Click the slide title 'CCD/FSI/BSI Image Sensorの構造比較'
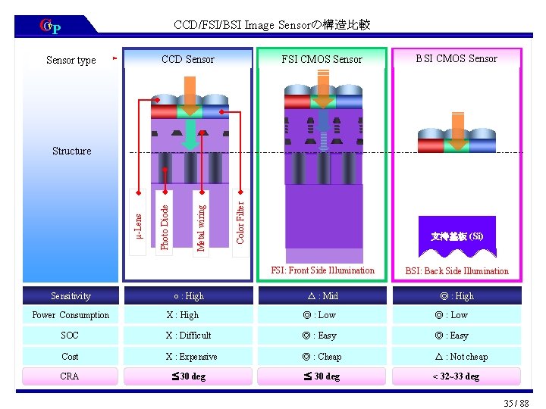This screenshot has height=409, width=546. pos(271,25)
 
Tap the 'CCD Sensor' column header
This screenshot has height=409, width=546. pos(187,59)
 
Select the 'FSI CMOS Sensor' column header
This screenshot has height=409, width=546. pos(322,59)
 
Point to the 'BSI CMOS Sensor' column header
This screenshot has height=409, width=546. pos(457,58)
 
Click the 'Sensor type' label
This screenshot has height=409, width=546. pos(71,60)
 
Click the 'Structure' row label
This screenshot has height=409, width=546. pos(71,151)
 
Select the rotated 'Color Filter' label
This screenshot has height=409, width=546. pos(240,222)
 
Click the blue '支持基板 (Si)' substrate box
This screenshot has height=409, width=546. pos(457,236)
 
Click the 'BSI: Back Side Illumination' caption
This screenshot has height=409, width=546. pos(457,271)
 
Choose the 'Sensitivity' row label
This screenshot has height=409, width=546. pos(71,296)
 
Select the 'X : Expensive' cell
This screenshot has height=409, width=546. pos(191,356)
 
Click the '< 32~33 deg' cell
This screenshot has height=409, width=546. pos(456,376)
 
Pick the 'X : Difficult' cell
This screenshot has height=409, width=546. pos(189,336)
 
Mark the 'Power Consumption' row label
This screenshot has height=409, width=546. pos(71,315)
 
